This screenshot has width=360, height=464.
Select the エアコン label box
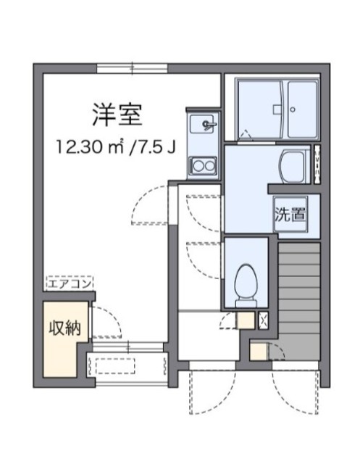point(69,285)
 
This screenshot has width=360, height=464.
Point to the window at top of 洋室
point(132,69)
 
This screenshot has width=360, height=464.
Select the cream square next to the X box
point(244,320)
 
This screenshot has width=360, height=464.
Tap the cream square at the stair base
point(257,352)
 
